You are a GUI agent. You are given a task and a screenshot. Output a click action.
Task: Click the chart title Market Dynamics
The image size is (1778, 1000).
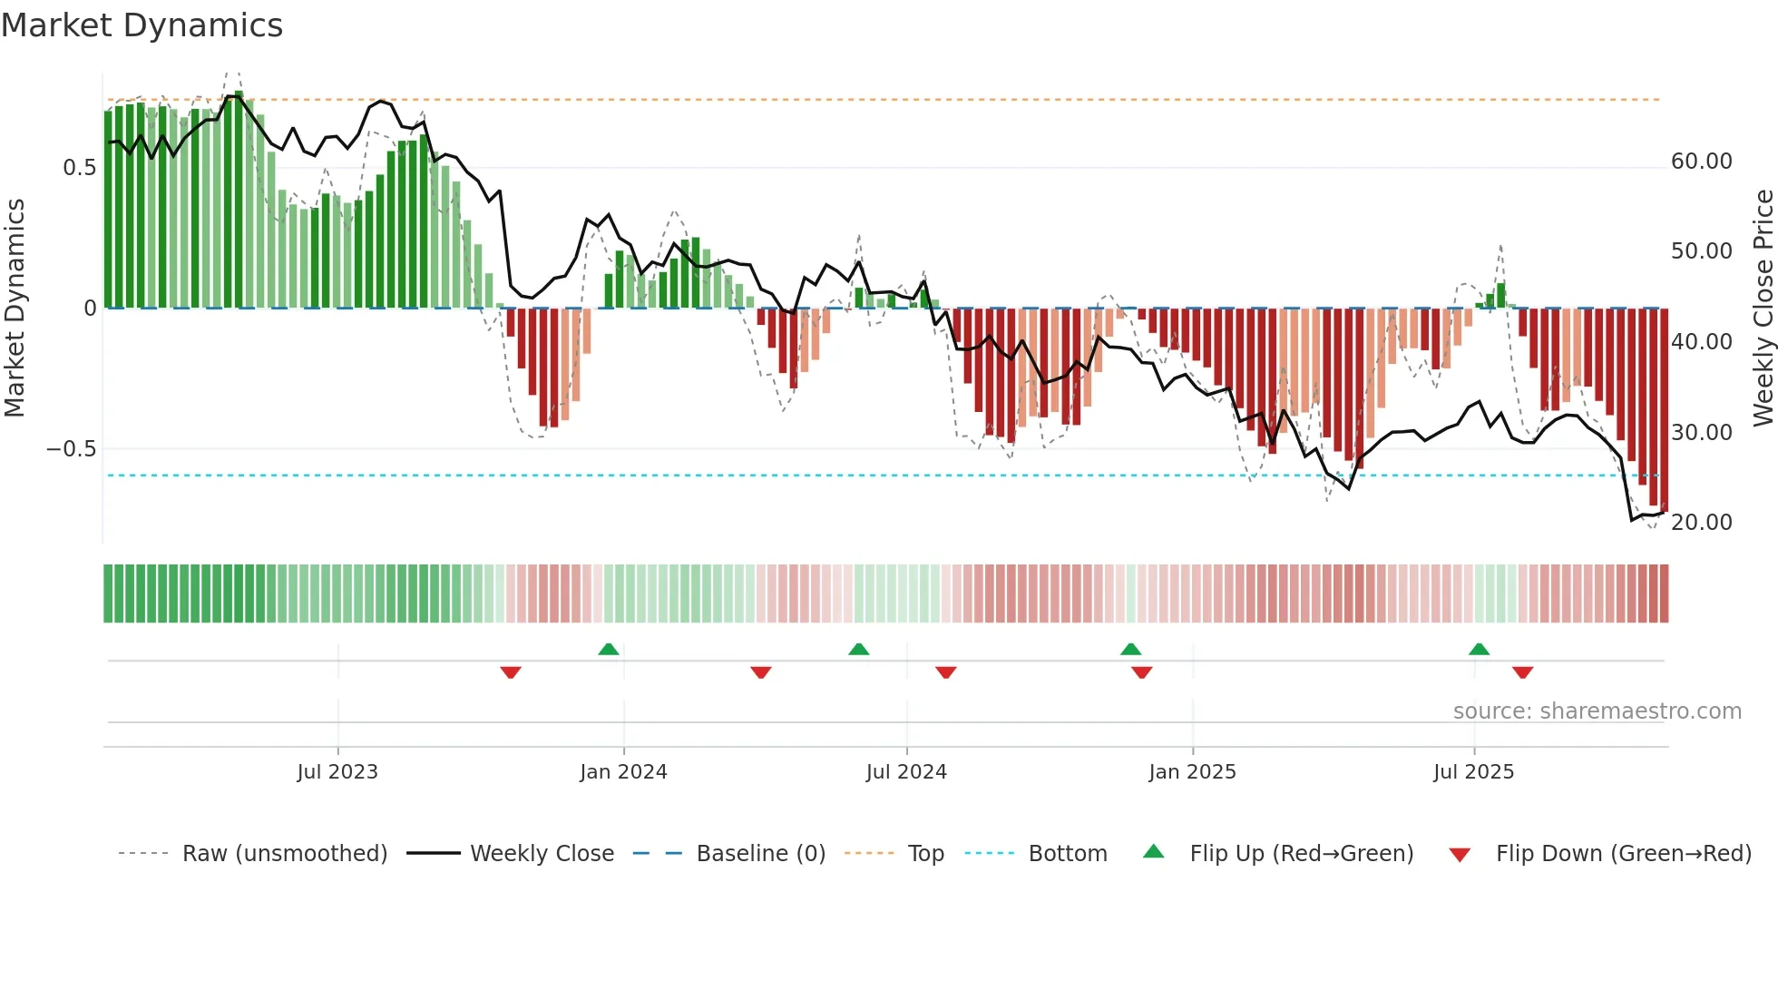(x=142, y=25)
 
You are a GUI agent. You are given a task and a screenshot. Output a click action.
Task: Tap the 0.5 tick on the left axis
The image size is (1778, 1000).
(x=79, y=168)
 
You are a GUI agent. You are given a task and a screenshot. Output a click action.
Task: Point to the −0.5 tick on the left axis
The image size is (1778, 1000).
(x=71, y=449)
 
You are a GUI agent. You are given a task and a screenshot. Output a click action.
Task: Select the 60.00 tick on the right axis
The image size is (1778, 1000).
(x=1701, y=162)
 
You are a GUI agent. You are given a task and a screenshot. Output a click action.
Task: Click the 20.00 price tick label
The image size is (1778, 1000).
(x=1701, y=523)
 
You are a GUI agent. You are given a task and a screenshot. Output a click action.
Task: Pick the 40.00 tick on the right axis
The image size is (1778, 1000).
(x=1701, y=342)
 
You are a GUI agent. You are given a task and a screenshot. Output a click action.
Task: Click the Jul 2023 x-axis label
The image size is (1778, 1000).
(x=337, y=772)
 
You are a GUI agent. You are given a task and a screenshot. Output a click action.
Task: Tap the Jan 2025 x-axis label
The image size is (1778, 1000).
(x=1192, y=772)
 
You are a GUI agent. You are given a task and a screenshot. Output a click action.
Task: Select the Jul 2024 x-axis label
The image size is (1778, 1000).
(x=906, y=772)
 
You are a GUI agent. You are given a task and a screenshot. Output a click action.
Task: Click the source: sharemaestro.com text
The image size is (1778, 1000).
(x=1597, y=711)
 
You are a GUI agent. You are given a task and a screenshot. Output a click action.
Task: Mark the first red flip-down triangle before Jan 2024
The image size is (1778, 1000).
(x=511, y=672)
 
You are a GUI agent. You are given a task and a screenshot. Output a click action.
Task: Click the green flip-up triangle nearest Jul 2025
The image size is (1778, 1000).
(x=1479, y=649)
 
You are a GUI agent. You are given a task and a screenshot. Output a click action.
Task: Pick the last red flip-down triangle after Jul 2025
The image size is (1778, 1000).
(x=1522, y=672)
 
